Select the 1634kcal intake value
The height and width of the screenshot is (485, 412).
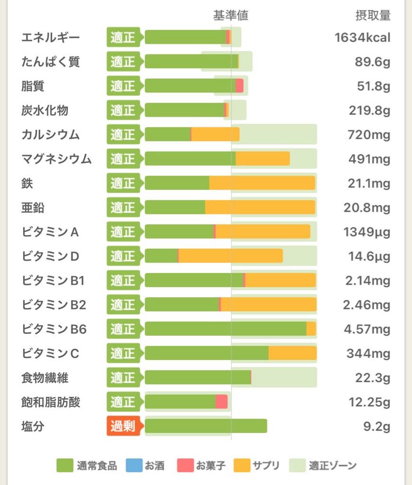[x=362, y=37]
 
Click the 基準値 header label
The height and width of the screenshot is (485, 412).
[x=231, y=16]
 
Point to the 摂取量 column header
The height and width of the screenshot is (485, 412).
[x=373, y=16]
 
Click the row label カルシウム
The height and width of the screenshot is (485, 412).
[x=50, y=135]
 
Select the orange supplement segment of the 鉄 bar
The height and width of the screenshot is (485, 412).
[x=262, y=183]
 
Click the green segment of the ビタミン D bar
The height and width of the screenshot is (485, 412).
[x=161, y=256]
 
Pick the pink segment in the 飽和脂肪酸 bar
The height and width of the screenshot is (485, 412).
[x=221, y=402]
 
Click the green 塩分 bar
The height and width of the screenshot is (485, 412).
[x=206, y=426]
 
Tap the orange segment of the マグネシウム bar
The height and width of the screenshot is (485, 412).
[x=263, y=159]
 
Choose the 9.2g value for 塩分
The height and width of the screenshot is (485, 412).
[x=376, y=427]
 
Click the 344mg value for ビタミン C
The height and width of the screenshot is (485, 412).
[x=368, y=354]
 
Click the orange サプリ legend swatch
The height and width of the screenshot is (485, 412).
[x=242, y=466]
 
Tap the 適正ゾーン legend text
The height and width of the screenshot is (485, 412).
[x=333, y=466]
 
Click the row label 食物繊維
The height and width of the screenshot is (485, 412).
[x=45, y=378]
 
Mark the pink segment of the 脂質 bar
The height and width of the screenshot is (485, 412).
[x=239, y=86]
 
